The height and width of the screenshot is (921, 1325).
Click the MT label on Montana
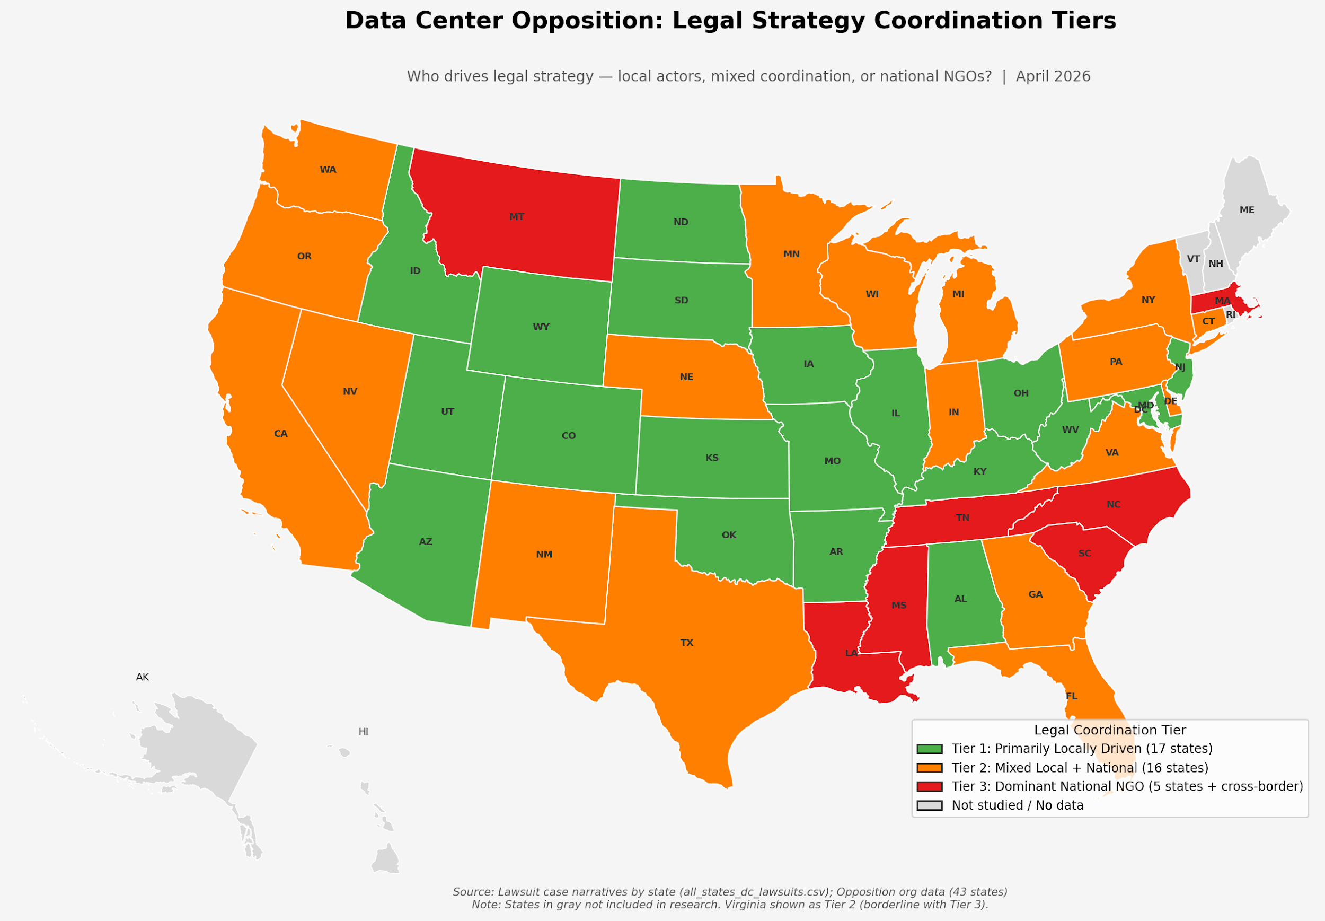516,217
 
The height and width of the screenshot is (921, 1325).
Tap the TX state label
686,642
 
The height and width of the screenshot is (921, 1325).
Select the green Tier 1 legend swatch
929,749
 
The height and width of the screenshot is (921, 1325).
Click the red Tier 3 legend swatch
929,786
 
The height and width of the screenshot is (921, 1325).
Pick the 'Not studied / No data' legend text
1017,805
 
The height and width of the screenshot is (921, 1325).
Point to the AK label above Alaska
143,677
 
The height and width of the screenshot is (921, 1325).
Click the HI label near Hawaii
364,732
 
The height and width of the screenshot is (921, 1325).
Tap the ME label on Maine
1247,210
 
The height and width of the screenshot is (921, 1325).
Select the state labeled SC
1084,553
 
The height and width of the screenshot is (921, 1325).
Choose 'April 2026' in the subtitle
1053,77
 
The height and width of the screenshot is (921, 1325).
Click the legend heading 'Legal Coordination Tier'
1109,730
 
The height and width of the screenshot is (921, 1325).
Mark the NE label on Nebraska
686,377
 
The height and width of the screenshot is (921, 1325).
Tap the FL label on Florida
1071,696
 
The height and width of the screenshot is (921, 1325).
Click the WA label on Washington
328,170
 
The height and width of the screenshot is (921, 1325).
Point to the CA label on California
280,433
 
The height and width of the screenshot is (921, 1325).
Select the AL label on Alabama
960,599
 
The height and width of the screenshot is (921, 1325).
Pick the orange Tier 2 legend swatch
929,768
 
